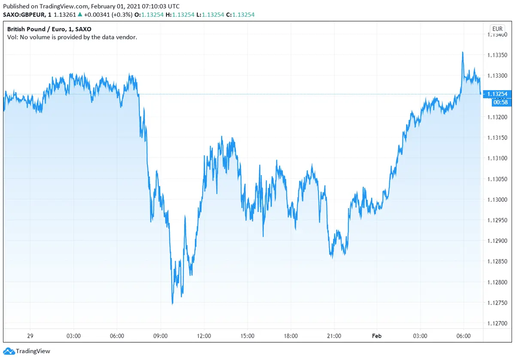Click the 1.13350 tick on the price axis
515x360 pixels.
[x=497, y=55]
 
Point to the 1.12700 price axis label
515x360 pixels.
[x=497, y=323]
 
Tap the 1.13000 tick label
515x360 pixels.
[x=497, y=200]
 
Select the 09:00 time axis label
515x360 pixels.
[x=161, y=336]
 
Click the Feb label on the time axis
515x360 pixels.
[x=377, y=336]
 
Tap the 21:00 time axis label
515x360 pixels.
[x=334, y=336]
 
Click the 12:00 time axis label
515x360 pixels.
[x=204, y=336]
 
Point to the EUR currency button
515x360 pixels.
[x=497, y=29]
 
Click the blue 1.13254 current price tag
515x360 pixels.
[x=497, y=94]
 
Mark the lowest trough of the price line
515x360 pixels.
[x=173, y=304]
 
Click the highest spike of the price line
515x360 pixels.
[x=462, y=52]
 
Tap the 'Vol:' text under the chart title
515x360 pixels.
[x=13, y=37]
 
